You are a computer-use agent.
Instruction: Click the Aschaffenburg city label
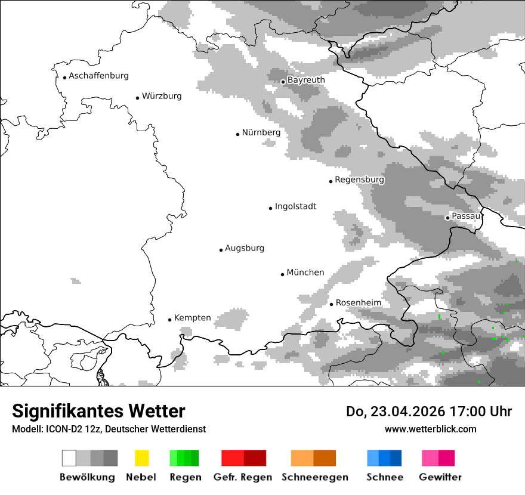(98, 76)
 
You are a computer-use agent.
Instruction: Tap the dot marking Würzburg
(137, 98)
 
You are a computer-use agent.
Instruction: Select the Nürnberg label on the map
(261, 132)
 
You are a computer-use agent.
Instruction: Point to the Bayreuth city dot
(283, 82)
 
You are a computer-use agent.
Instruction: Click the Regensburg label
(359, 180)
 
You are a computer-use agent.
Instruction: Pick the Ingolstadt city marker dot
(270, 208)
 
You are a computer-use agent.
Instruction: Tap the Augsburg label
(244, 248)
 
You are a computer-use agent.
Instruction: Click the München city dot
(282, 274)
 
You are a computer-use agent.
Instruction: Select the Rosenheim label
(358, 303)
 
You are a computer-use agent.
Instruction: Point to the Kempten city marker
(169, 320)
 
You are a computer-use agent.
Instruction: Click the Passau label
(466, 216)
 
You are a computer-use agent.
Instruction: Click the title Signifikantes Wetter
(98, 412)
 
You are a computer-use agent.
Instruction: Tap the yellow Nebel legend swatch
(141, 458)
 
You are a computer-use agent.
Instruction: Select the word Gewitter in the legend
(440, 477)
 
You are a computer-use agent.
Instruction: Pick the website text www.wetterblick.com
(430, 429)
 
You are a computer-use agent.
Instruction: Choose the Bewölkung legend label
(87, 477)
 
